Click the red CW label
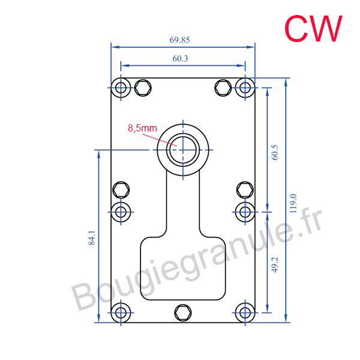coord(313,28)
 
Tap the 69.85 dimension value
coord(179,40)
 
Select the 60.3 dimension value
coord(180,59)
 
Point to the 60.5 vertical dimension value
coord(275,152)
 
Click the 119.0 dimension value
coord(293,203)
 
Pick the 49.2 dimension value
coord(275,265)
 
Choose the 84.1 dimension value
coord(92,238)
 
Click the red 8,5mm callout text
coord(142,128)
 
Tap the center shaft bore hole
coord(183,150)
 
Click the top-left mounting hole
coord(121,88)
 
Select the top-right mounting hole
coord(245,88)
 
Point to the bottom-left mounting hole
coord(121,313)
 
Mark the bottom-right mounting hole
coord(245,313)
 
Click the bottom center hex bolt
coord(183,313)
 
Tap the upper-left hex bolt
coord(143,88)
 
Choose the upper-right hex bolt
coord(223,88)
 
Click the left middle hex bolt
coord(121,190)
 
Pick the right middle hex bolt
coord(245,190)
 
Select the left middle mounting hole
coord(121,212)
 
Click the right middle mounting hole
coord(245,212)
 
